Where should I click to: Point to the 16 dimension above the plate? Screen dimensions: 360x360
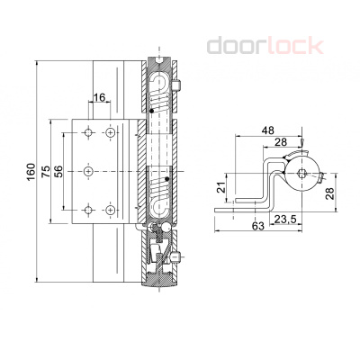click(x=99, y=96)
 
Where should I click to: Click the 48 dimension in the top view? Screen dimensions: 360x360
click(x=267, y=130)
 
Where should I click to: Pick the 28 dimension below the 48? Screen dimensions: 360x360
click(x=281, y=143)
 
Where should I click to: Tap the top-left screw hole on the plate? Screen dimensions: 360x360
click(x=88, y=132)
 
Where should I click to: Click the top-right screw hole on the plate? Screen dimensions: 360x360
click(x=110, y=132)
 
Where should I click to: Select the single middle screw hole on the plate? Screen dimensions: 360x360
click(x=89, y=170)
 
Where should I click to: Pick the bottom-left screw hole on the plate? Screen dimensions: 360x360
click(x=88, y=209)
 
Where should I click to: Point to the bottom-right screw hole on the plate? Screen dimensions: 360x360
click(x=110, y=209)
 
